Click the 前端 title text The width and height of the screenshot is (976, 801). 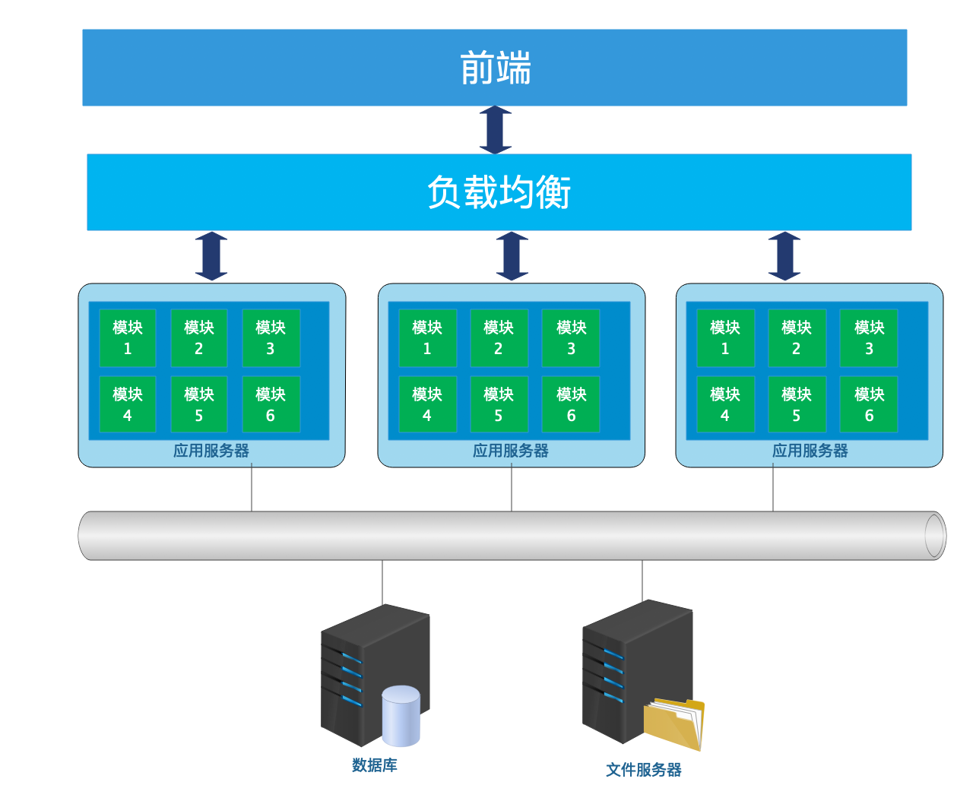coord(496,68)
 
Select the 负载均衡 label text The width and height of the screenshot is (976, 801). coord(499,192)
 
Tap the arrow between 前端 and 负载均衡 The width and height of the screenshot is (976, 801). coord(496,130)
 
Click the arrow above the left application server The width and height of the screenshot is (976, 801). coord(211,256)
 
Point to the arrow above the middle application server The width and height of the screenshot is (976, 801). coord(512,256)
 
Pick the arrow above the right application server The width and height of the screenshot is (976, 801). coord(784,256)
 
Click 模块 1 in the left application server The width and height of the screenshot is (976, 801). coord(128,338)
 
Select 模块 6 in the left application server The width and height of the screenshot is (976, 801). coord(271,404)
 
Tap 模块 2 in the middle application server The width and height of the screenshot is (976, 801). coord(499,338)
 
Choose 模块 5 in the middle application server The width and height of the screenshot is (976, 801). coord(499,404)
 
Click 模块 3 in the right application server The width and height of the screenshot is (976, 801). coord(869,338)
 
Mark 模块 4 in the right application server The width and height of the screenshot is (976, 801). coord(725,404)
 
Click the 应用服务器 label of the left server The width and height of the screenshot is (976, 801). coord(211,451)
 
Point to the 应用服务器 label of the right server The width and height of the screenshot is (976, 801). coord(810,451)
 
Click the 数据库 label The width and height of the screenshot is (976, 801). coord(375,765)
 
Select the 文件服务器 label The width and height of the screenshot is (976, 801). coord(644,770)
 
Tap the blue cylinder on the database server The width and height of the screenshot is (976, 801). coord(401,715)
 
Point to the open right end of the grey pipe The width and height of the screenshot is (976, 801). coord(935,536)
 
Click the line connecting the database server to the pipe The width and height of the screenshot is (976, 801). coord(382,583)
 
